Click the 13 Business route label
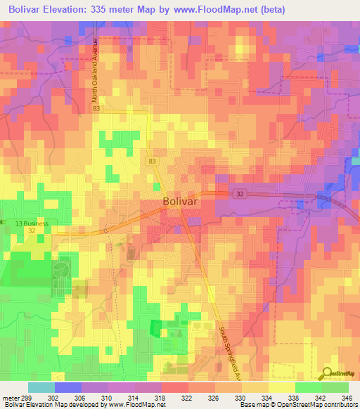click(32, 223)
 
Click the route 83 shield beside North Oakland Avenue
click(96, 110)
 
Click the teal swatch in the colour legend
click(41, 387)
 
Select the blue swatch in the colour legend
click(67, 387)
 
